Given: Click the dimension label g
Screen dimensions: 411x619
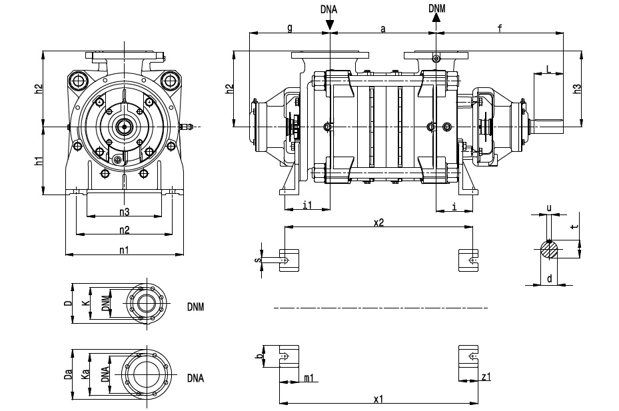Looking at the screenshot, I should pos(289,27).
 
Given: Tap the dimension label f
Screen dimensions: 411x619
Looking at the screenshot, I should pos(499,27).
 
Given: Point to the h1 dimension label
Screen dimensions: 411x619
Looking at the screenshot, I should pos(39,161).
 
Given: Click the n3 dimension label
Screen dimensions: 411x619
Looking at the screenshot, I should pos(124,212).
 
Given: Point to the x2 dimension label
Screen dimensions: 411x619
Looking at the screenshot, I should pos(378,223).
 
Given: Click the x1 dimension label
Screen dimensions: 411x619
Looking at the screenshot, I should pos(378,399).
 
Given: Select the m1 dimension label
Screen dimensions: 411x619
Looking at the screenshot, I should pos(309,378).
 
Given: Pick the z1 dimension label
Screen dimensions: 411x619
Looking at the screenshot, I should pos(486,378).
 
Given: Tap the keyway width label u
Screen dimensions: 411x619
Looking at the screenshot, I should pos(549,208).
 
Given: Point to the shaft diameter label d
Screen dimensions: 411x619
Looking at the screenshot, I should pos(549,279).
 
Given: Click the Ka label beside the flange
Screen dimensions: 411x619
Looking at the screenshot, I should pos(85,375).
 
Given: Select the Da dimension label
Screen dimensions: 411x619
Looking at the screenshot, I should pos(68,375).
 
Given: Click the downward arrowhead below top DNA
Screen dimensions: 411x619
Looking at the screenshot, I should pos(330,25).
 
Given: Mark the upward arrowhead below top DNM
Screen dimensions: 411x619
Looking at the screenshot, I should pos(436,19).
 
